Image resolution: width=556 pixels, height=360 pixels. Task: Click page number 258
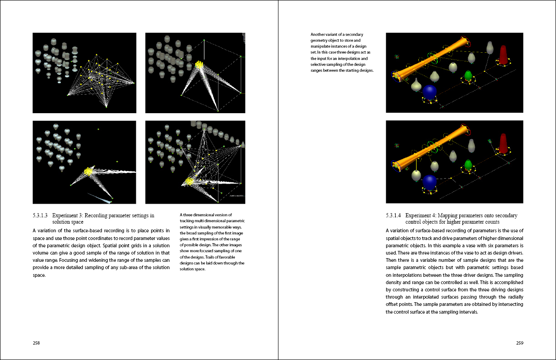tap(36, 343)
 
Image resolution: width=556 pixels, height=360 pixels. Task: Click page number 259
tap(520, 343)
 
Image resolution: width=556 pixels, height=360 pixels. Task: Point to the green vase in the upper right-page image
tap(468, 75)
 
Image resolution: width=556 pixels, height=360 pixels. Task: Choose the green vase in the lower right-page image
tap(468, 165)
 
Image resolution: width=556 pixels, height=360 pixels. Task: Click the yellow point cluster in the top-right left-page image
tap(199, 65)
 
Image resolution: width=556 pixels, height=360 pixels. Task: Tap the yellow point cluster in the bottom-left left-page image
tap(89, 171)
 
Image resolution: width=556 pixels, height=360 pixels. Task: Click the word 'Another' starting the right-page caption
tap(318, 35)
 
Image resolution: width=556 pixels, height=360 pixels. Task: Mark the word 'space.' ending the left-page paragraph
tap(39, 275)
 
